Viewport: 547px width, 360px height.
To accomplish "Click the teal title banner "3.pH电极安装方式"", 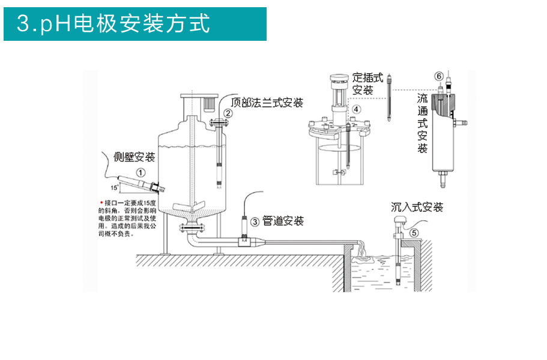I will click(135, 24).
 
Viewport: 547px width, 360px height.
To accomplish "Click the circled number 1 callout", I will click(140, 172).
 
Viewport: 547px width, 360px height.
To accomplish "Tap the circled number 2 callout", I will click(228, 113).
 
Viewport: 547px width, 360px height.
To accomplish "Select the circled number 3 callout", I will click(255, 222).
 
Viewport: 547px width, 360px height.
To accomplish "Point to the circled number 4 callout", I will click(357, 110).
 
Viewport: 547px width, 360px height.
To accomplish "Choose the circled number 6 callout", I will click(439, 76).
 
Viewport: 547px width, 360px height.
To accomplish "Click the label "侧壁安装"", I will click(134, 157).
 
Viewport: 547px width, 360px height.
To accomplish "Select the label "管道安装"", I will click(283, 221).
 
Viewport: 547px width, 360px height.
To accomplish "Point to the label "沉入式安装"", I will click(417, 208).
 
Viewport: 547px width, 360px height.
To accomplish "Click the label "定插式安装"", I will click(367, 84).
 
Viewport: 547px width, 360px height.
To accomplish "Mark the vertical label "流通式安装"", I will click(423, 123).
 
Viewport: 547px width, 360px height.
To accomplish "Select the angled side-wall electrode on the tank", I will click(136, 180).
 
